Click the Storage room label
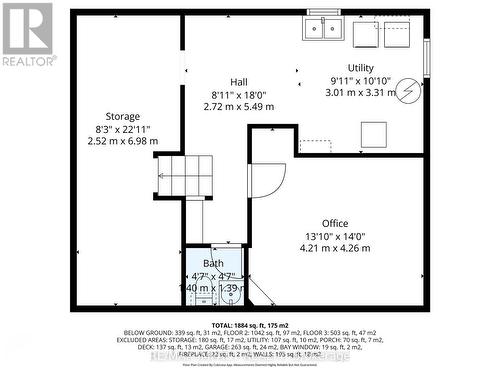123,117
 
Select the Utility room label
360,67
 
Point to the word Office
335,223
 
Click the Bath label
214,264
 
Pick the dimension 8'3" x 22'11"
123,129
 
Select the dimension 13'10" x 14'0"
336,236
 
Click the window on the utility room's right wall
426,54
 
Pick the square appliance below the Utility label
376,134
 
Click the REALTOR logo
26,33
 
